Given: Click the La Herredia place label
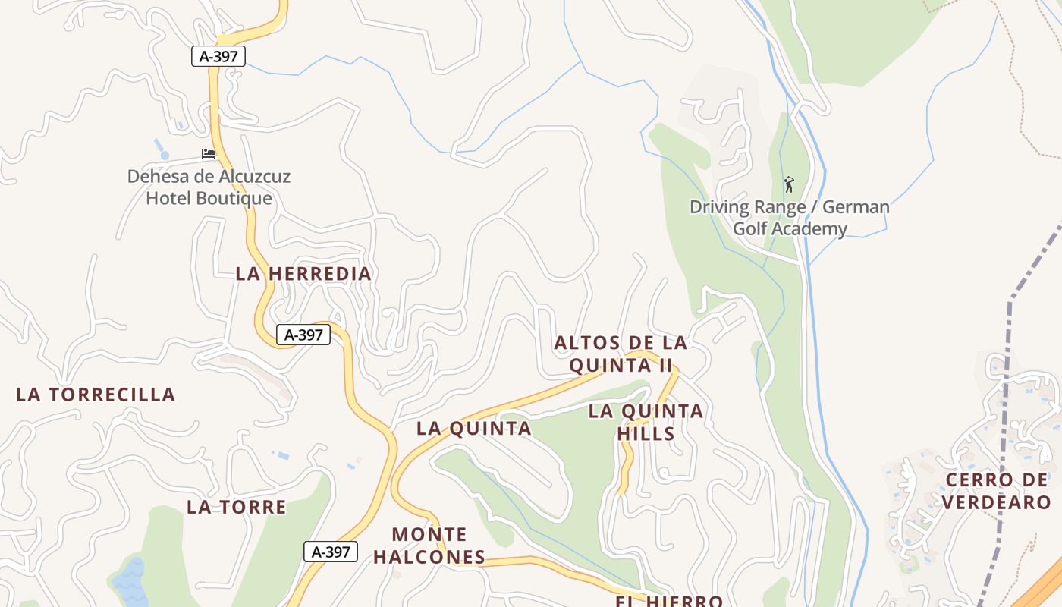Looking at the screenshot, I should pyautogui.click(x=303, y=274).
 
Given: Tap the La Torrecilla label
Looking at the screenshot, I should pyautogui.click(x=96, y=395).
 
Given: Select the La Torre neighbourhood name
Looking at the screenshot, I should pyautogui.click(x=237, y=507).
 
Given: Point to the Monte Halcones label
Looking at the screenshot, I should pyautogui.click(x=429, y=546).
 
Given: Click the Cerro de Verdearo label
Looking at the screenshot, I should pyautogui.click(x=997, y=491).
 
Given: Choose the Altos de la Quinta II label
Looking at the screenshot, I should pyautogui.click(x=621, y=354).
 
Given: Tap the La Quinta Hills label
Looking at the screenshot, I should pyautogui.click(x=646, y=422).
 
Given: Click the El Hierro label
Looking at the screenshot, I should pyautogui.click(x=668, y=601).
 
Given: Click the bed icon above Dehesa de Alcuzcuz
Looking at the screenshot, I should pyautogui.click(x=209, y=154).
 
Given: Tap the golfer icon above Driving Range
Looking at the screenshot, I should pyautogui.click(x=789, y=184).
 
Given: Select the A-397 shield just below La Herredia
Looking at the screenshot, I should pyautogui.click(x=303, y=335).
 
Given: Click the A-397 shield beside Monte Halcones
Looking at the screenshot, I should pyautogui.click(x=331, y=552).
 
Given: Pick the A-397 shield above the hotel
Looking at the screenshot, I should pyautogui.click(x=218, y=56).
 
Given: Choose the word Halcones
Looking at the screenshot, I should pyautogui.click(x=429, y=557).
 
